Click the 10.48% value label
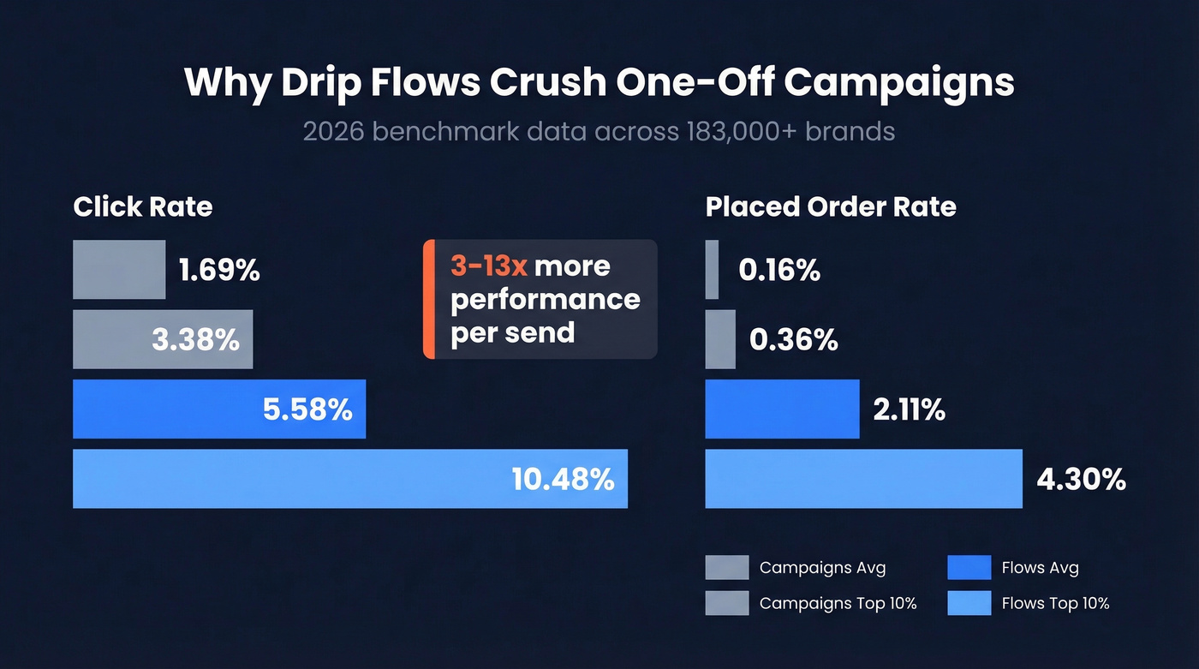(563, 479)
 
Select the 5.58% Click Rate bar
(219, 409)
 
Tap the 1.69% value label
(219, 271)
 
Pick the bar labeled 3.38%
(163, 340)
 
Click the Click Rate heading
(143, 206)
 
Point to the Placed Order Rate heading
(831, 206)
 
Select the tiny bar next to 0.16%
(712, 270)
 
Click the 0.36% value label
(793, 340)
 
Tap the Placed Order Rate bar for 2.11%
(782, 409)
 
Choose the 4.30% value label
(1081, 479)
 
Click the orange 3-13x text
(488, 266)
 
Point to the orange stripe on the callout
(428, 299)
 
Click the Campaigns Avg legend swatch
(727, 568)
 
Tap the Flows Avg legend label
(1040, 568)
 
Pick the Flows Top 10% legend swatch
(969, 603)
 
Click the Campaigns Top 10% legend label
(838, 603)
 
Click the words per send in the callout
(512, 332)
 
